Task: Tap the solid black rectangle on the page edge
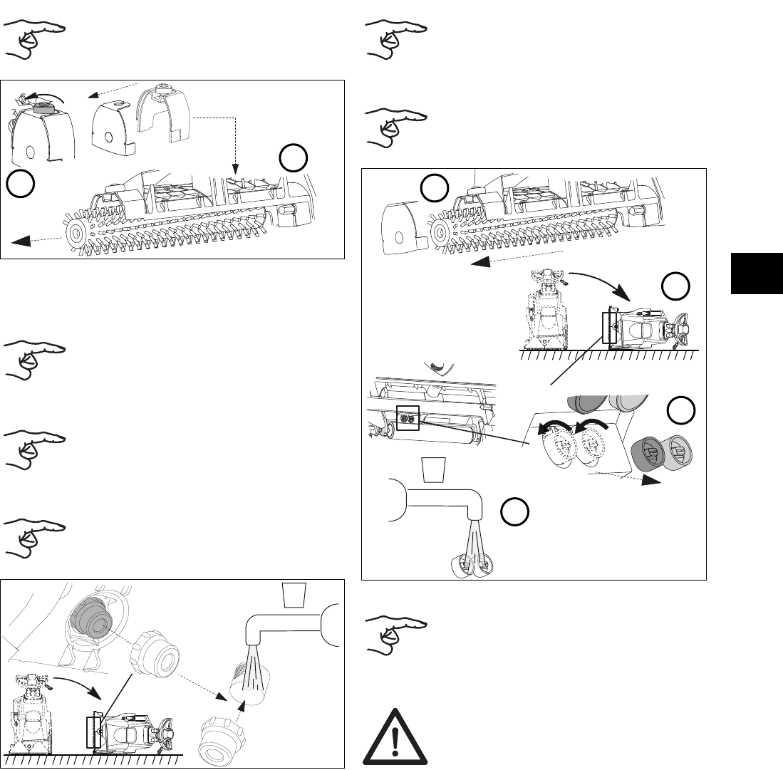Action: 757,272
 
